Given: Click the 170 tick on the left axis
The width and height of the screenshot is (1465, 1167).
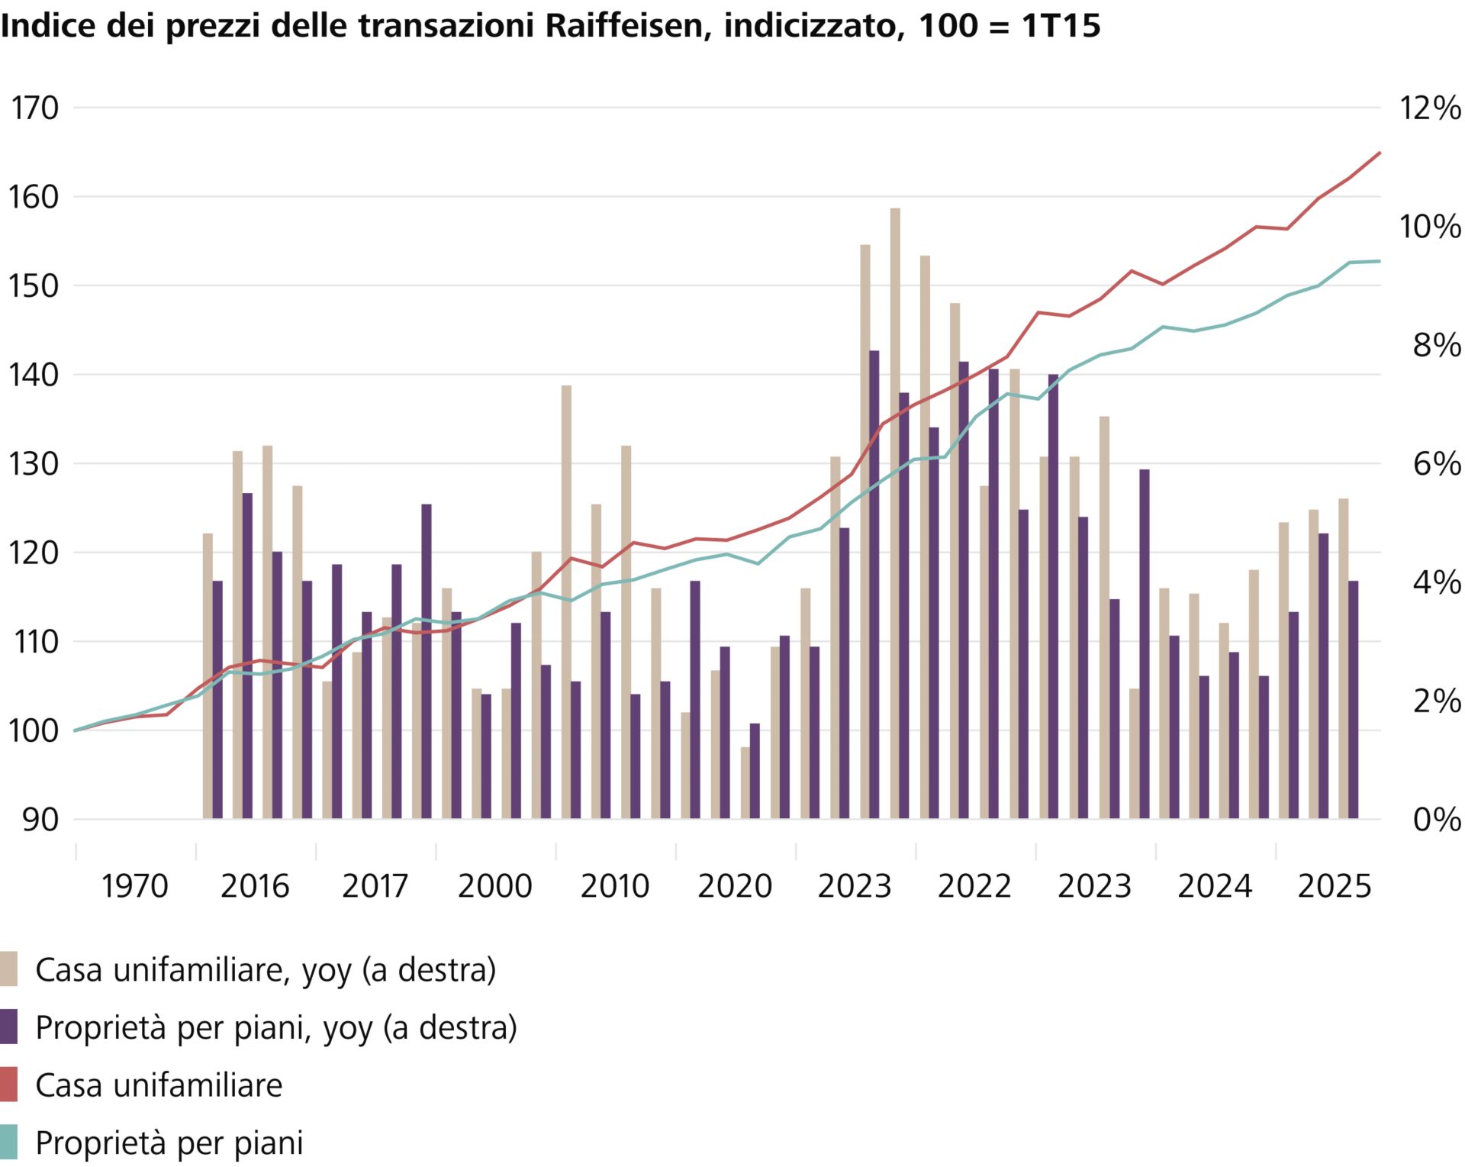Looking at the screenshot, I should tap(34, 108).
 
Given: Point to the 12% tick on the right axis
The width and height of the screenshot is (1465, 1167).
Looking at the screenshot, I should tap(1429, 108).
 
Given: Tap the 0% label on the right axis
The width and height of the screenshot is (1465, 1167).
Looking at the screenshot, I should tap(1437, 820).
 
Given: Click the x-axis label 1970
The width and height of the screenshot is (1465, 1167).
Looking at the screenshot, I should tap(134, 887).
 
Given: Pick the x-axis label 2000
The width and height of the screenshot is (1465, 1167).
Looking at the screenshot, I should tap(494, 887).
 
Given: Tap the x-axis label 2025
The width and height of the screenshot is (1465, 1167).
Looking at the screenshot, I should tap(1335, 887).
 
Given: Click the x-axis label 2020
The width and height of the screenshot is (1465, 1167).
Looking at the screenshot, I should tap(735, 887).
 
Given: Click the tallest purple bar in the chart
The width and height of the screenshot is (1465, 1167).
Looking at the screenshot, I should tap(874, 585).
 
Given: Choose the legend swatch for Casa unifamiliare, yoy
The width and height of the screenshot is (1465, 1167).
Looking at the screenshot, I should tap(8, 969).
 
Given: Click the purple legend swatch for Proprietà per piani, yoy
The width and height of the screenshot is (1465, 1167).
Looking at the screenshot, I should tap(8, 1027).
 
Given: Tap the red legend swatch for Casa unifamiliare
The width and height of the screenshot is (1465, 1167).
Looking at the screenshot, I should tap(8, 1085).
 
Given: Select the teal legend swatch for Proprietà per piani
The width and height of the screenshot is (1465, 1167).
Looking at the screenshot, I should tap(8, 1143).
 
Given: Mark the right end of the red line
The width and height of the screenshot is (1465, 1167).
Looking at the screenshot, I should tap(1380, 153).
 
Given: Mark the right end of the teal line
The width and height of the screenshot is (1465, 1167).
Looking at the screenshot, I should tap(1380, 262).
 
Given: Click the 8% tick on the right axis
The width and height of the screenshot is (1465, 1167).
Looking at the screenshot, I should tap(1437, 346).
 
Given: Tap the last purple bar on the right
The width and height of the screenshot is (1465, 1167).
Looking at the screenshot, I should tap(1353, 700).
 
